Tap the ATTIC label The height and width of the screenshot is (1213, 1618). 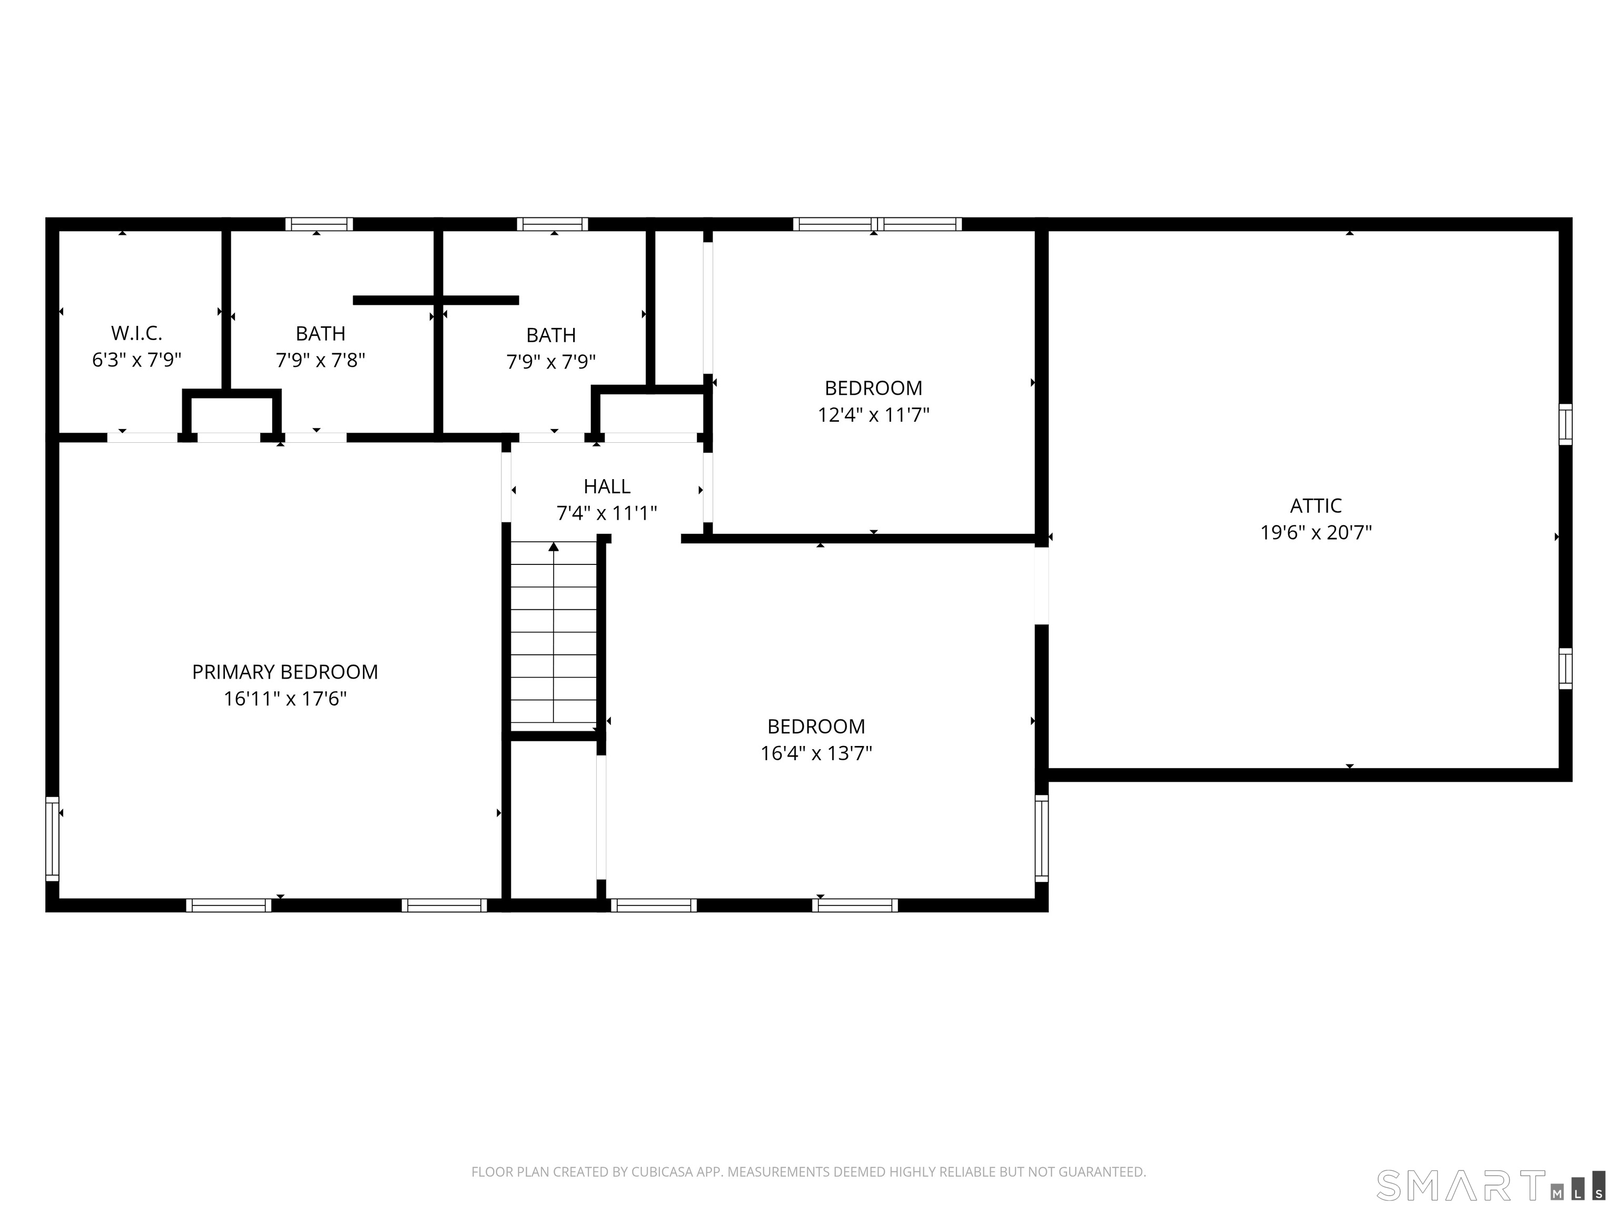pos(1315,505)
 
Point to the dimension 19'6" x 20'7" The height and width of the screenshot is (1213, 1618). pos(1315,532)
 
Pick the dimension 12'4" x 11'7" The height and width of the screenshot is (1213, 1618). pos(873,414)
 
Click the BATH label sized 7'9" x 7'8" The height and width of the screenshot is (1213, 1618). pos(320,333)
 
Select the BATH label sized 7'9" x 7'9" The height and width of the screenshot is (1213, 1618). pos(551,335)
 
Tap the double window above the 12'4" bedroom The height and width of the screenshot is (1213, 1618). pos(876,224)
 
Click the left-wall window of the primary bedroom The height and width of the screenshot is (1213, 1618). pos(52,839)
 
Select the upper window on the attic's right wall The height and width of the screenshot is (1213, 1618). pos(1565,423)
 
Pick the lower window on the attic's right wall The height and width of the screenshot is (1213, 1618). pos(1565,668)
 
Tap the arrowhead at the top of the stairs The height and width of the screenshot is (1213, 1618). pos(554,546)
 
